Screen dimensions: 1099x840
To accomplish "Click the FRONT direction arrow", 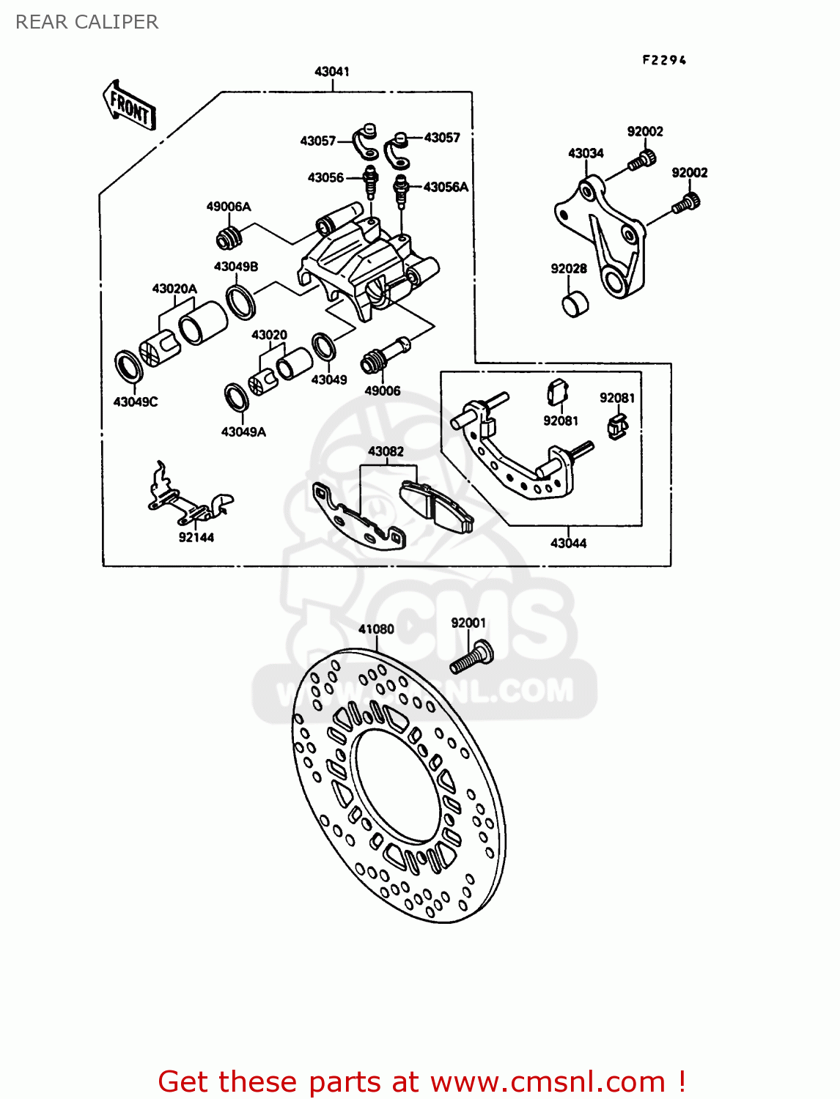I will [x=129, y=106].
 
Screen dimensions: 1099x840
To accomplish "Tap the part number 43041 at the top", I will [x=332, y=71].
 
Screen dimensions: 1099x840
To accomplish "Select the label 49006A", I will [x=229, y=207].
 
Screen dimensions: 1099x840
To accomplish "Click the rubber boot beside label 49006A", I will [x=229, y=237].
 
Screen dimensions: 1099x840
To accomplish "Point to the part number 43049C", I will [x=136, y=402].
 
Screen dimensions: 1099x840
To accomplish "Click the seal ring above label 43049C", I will [x=130, y=366].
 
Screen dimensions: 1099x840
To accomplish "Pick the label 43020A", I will [x=174, y=289].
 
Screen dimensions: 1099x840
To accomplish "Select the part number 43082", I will [x=386, y=451].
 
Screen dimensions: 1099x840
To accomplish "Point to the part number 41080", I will [x=376, y=629].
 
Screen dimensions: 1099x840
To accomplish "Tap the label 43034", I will [x=586, y=153].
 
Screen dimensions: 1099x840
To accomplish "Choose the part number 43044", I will [x=568, y=543].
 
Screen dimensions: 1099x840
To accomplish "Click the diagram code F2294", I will [x=664, y=60].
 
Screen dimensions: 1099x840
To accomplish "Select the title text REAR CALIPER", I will [x=86, y=22].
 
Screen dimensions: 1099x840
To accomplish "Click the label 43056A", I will [x=446, y=187].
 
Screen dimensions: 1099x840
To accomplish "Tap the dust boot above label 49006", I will [x=374, y=360].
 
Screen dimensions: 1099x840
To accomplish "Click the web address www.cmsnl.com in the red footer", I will [x=547, y=1081].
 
